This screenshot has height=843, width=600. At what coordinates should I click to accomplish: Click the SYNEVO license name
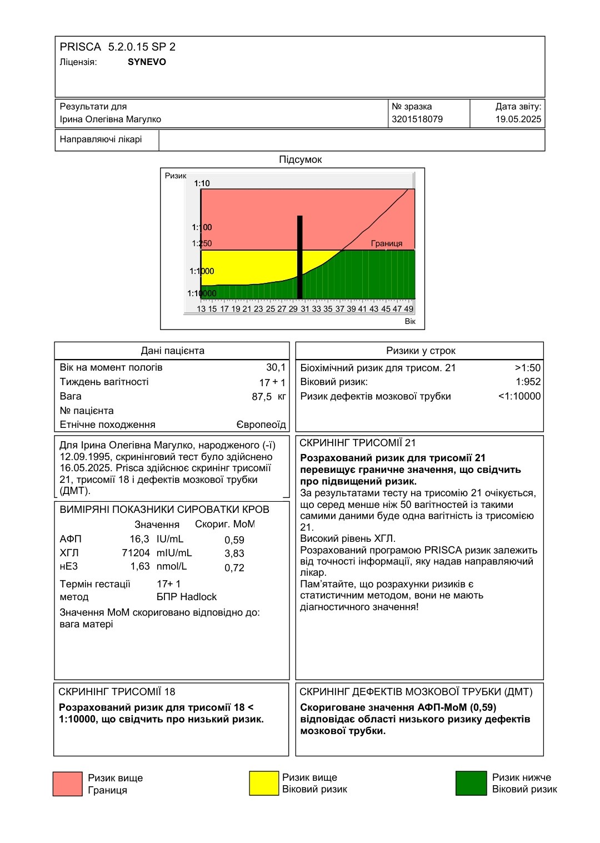tap(147, 62)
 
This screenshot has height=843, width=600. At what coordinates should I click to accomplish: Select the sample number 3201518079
tap(417, 119)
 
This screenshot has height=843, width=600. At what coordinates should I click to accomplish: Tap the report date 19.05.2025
tap(518, 119)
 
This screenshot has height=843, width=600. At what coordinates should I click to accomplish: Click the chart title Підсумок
tap(301, 159)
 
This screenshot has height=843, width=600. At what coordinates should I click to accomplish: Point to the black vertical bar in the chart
tap(300, 257)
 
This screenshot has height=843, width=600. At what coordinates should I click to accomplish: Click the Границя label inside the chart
tap(387, 243)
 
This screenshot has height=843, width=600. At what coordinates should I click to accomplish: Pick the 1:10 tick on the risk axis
tap(202, 183)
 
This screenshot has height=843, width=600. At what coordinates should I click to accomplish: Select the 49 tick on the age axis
tap(409, 309)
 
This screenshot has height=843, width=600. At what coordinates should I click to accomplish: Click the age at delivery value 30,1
tap(276, 367)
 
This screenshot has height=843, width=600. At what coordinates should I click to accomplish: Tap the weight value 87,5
tap(262, 397)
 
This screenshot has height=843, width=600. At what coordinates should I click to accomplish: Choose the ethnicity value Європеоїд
tap(261, 425)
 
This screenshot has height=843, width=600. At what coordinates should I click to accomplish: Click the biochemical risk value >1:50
tap(527, 368)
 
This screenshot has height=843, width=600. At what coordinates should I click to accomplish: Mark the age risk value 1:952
tap(528, 382)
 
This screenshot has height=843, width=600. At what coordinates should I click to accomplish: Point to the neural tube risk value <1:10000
tap(519, 396)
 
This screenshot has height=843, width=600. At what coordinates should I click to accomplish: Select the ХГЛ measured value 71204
tap(136, 553)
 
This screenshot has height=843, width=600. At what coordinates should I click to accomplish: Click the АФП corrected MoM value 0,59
tap(234, 540)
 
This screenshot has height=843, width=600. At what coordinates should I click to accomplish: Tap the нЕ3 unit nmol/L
tap(172, 566)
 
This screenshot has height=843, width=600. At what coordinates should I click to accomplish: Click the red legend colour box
tap(67, 784)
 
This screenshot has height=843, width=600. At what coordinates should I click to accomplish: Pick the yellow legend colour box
tap(264, 784)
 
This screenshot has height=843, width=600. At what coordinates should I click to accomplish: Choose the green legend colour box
tap(471, 784)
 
